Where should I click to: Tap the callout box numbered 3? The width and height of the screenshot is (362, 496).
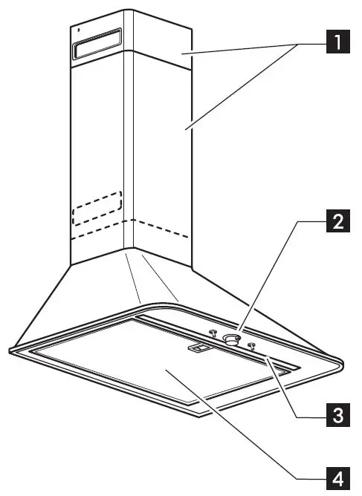(x=337, y=414)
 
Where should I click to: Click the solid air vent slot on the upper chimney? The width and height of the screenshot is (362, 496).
(x=97, y=46)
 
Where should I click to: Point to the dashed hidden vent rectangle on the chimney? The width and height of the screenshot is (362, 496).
(x=96, y=207)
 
